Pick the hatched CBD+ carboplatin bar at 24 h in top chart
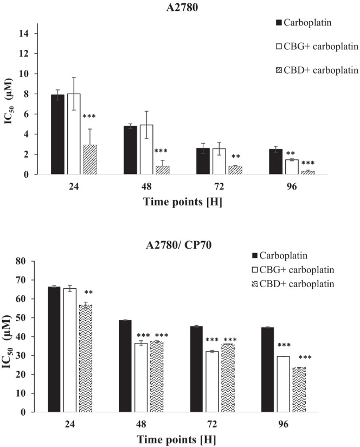89,160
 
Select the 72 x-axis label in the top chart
211,186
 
